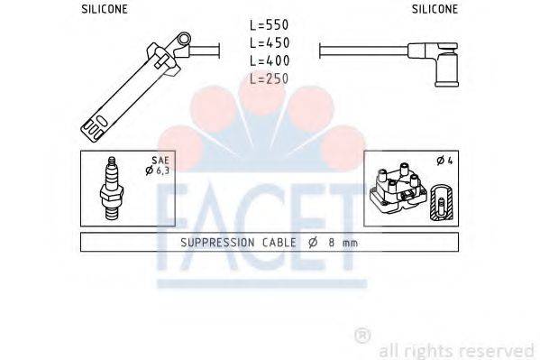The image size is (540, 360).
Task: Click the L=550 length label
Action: tap(270, 25)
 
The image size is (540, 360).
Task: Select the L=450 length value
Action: tap(270, 42)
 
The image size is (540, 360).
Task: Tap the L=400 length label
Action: tap(270, 60)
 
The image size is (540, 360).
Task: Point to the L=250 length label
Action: tap(270, 78)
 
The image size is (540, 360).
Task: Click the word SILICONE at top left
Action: tap(105, 9)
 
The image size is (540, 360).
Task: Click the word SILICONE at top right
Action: tap(435, 9)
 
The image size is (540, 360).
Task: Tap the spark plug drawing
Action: tap(111, 189)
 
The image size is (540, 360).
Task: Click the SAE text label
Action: tap(160, 161)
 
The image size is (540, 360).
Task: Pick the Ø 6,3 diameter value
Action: tap(158, 171)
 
